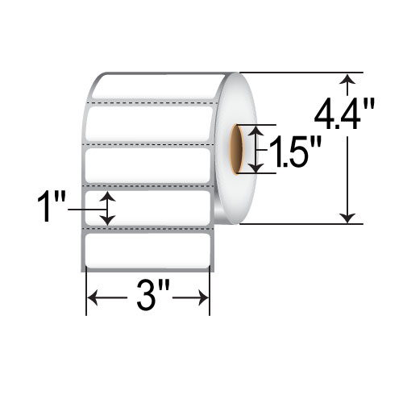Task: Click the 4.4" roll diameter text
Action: (x=346, y=117)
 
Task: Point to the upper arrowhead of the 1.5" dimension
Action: (x=256, y=131)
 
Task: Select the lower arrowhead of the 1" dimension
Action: (x=108, y=221)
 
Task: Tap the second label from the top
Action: (x=149, y=123)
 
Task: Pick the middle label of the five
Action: (x=149, y=165)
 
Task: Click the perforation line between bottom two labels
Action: (x=149, y=229)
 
